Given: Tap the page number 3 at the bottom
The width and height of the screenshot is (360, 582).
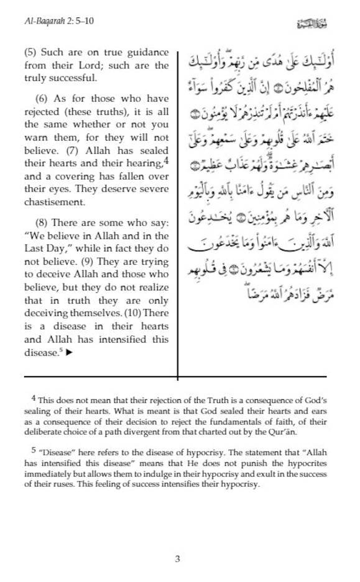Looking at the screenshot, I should click(178, 559).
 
